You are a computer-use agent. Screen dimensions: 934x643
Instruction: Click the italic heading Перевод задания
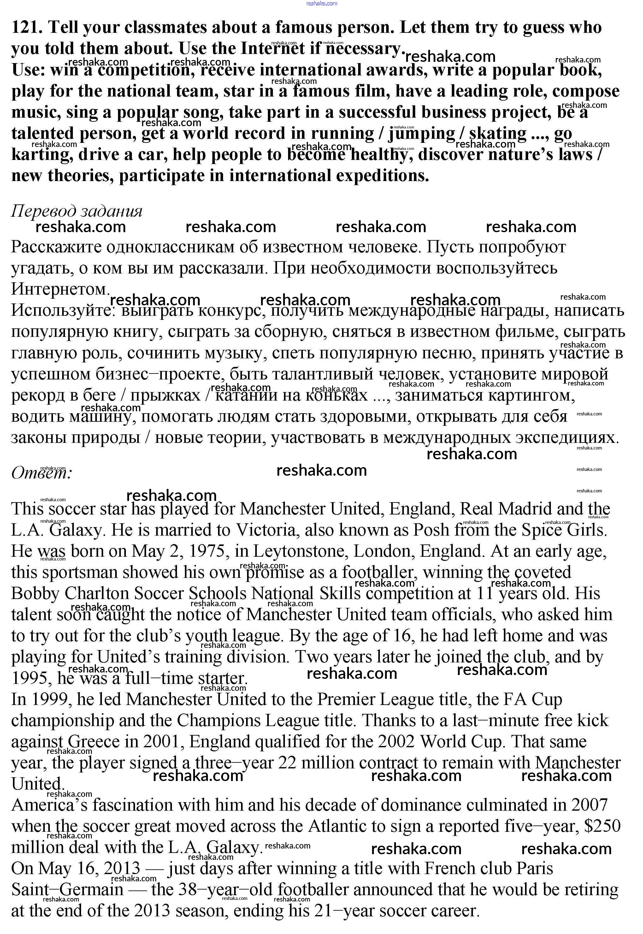(x=77, y=211)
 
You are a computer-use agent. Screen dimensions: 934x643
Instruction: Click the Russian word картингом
(x=531, y=395)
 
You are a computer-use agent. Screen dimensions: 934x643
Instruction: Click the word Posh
(x=431, y=530)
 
